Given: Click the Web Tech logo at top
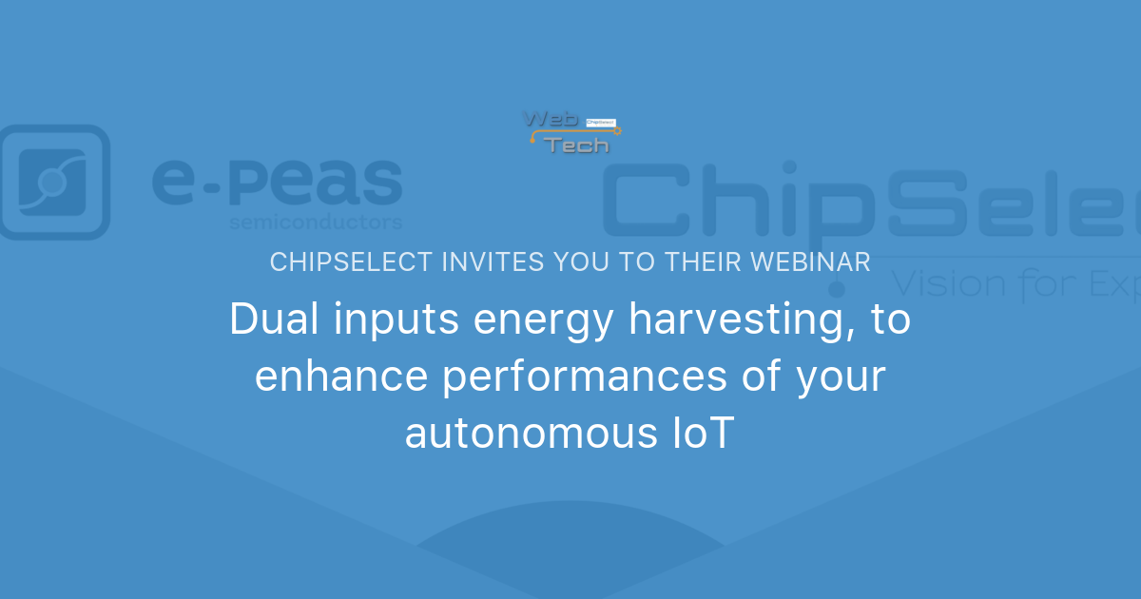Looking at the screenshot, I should (570, 131).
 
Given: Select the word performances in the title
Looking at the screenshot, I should (570, 378).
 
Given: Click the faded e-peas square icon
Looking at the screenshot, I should (53, 182).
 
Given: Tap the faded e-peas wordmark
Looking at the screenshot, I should (277, 183).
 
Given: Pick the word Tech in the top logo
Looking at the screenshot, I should (577, 145).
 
